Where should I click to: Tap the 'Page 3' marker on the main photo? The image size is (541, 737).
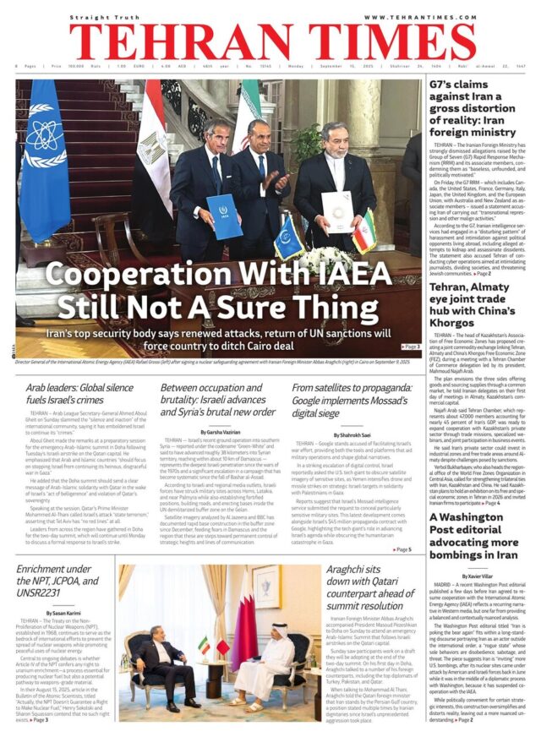pos(410,347)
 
